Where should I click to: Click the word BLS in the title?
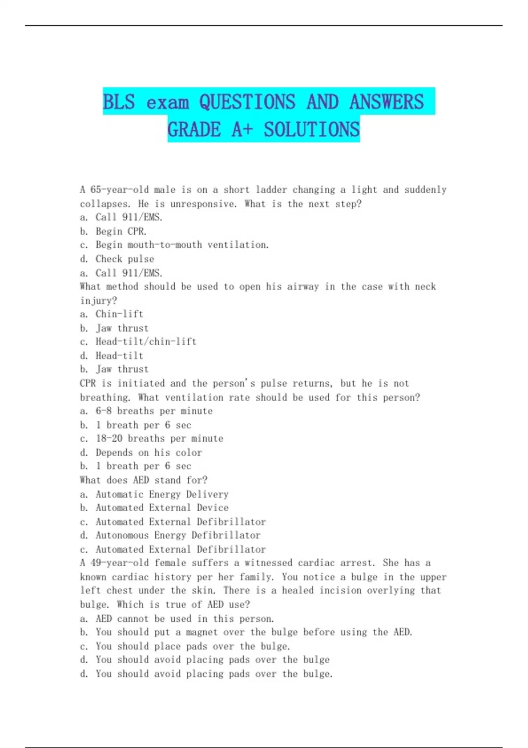[119, 102]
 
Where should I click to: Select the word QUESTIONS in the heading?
[247, 102]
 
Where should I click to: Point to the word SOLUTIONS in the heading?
[312, 129]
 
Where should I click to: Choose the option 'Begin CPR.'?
[121, 231]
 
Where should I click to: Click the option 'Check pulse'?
[125, 259]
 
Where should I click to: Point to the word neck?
[425, 286]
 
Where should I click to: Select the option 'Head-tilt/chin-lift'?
[146, 341]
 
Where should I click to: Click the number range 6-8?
[103, 411]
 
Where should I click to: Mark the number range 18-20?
[109, 438]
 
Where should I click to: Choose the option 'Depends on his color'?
[148, 452]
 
